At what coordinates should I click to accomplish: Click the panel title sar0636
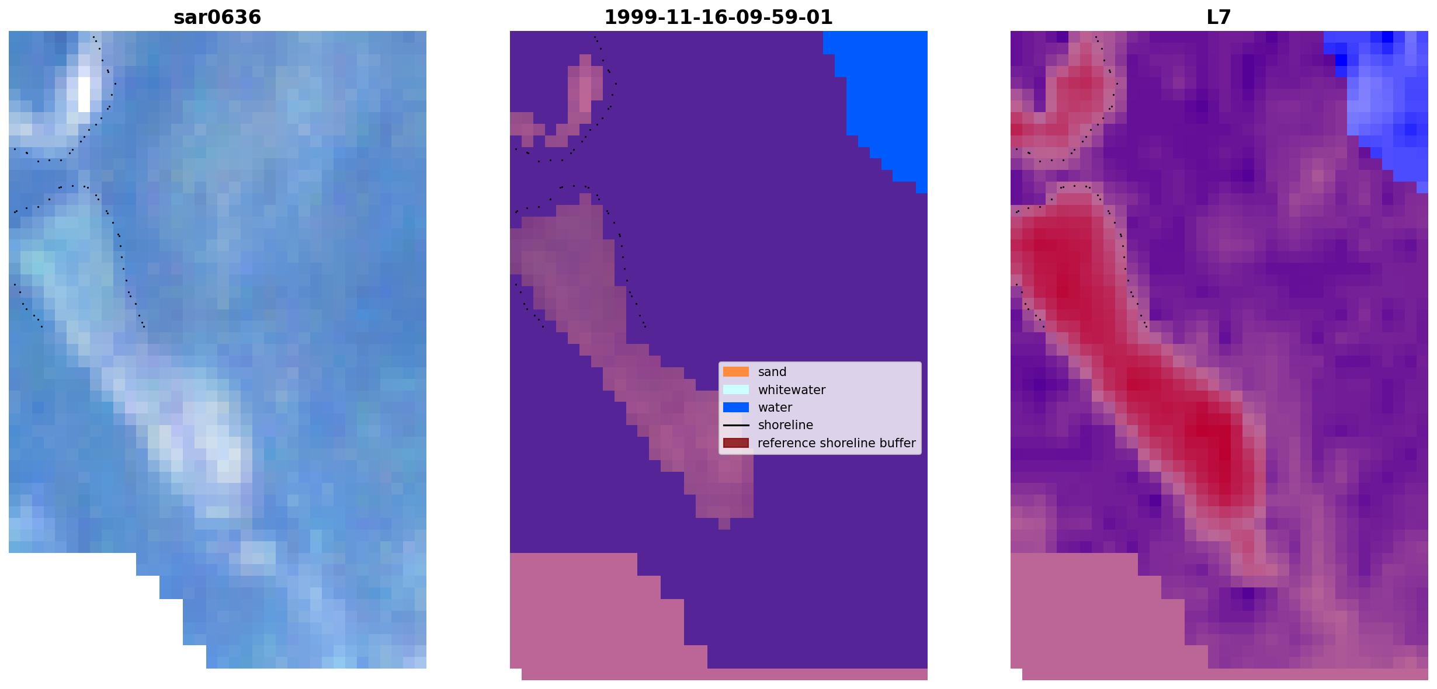pos(217,18)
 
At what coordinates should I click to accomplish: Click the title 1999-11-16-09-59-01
pos(718,18)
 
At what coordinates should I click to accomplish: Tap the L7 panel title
pos(1219,18)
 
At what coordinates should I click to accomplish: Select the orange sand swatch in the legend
pos(736,372)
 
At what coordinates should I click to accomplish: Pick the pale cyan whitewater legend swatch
pos(736,389)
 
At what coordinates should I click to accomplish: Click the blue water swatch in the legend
pos(736,408)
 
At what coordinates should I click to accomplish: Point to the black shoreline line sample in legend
pos(736,425)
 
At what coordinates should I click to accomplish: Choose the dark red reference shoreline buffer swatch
pos(736,443)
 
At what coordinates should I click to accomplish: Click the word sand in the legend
pos(772,372)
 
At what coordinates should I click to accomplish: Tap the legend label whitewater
pos(792,389)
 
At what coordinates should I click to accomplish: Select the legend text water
pos(775,408)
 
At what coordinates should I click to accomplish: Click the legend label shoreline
pos(786,425)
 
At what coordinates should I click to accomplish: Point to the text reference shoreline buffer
pos(836,443)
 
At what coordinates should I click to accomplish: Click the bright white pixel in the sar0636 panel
pos(84,95)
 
